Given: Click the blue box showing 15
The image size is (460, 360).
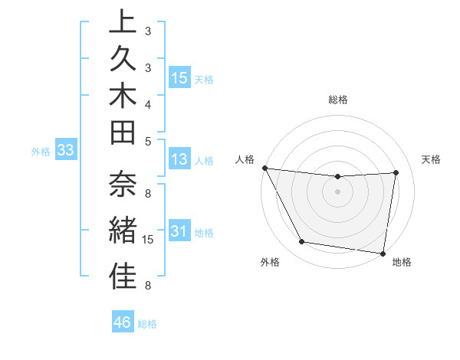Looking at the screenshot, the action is pyautogui.click(x=179, y=78).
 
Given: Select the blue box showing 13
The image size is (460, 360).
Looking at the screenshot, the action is pyautogui.click(x=179, y=160).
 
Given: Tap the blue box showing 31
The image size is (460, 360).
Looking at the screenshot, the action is pyautogui.click(x=179, y=232).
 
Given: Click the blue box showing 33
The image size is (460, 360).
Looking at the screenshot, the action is pyautogui.click(x=65, y=151).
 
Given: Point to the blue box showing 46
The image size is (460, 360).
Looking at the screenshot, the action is pyautogui.click(x=123, y=322).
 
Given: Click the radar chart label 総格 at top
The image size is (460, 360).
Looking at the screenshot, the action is pyautogui.click(x=338, y=100).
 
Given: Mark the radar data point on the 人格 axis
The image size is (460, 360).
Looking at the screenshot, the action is pyautogui.click(x=264, y=168).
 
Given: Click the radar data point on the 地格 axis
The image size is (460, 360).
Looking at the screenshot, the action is pyautogui.click(x=383, y=253).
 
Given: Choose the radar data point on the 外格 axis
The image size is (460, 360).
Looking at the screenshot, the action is pyautogui.click(x=301, y=242).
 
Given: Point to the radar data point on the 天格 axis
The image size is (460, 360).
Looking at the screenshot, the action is pyautogui.click(x=396, y=172).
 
